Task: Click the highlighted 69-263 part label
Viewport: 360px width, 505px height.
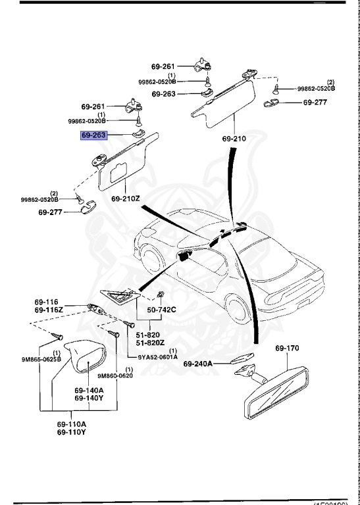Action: click(x=93, y=135)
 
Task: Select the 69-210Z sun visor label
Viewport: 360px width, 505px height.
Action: click(x=125, y=199)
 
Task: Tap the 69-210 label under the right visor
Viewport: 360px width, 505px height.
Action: click(x=234, y=139)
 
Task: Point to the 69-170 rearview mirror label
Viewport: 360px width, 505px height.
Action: click(x=287, y=348)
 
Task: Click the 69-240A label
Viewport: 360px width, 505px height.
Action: click(x=198, y=364)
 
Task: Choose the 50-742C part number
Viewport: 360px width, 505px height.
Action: click(x=161, y=310)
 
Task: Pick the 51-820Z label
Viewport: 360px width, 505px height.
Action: click(x=150, y=343)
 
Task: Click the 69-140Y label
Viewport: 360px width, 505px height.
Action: click(x=89, y=398)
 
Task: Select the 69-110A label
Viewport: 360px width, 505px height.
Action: click(x=72, y=424)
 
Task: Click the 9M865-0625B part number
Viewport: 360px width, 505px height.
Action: click(x=41, y=360)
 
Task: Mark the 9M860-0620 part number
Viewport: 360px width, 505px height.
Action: click(x=115, y=375)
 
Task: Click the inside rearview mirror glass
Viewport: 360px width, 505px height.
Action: click(x=276, y=392)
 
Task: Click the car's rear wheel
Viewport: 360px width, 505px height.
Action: click(x=238, y=309)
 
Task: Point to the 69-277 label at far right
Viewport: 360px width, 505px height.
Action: click(x=315, y=103)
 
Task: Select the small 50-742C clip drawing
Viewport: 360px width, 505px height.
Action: click(x=160, y=294)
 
